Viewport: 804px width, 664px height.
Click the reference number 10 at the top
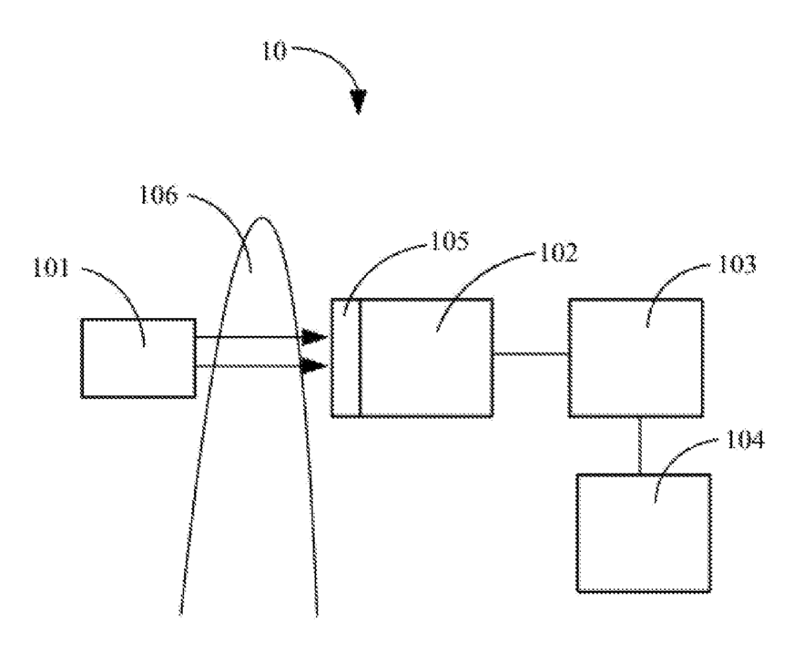273,51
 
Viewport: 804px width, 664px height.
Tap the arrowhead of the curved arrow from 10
359,101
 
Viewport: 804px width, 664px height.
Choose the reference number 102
558,252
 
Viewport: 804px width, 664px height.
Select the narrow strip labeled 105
345,357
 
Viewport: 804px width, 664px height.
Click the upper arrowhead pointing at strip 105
315,338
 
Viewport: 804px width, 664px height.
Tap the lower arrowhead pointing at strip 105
315,366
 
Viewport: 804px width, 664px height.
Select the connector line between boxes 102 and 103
531,354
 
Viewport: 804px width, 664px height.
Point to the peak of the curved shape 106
264,218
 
